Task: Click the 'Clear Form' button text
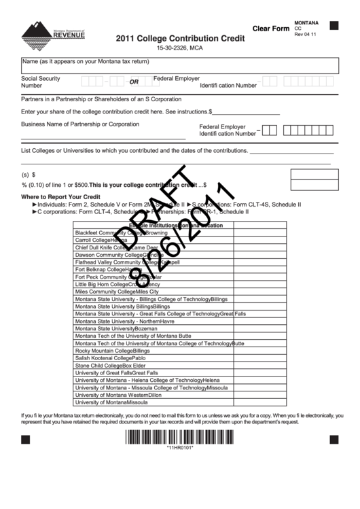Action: click(270, 29)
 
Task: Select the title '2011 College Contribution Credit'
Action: click(179, 39)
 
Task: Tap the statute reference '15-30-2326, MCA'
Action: click(179, 50)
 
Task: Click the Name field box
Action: click(179, 65)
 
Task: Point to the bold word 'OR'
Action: click(134, 82)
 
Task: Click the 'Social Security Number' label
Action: click(41, 82)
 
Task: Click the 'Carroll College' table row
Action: click(101, 240)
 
